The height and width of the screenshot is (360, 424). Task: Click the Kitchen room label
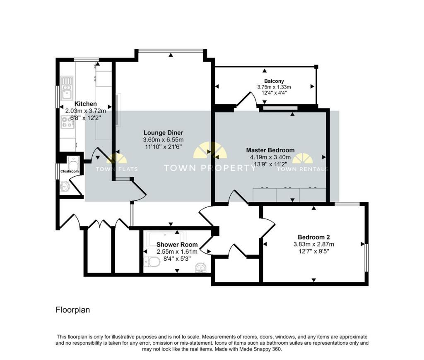click(85, 104)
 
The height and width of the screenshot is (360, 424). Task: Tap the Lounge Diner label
click(163, 133)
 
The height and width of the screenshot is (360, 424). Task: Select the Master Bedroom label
click(270, 150)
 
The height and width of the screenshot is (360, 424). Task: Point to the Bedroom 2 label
click(314, 237)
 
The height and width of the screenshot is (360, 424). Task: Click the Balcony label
click(274, 81)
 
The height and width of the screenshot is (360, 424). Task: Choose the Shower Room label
click(177, 245)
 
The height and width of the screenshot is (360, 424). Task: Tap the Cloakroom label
click(70, 171)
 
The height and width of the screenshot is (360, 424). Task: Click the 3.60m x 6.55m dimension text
click(163, 140)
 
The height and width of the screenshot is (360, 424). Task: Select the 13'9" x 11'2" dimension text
click(270, 164)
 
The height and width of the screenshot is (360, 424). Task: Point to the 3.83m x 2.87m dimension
click(314, 244)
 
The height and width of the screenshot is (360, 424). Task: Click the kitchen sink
click(67, 89)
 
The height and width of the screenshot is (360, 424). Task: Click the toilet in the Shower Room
click(152, 262)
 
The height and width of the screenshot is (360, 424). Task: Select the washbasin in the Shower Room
click(201, 268)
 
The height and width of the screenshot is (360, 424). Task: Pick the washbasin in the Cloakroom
click(64, 187)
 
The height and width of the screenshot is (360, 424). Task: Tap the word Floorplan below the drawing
click(73, 310)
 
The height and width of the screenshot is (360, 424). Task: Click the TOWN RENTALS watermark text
click(303, 170)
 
